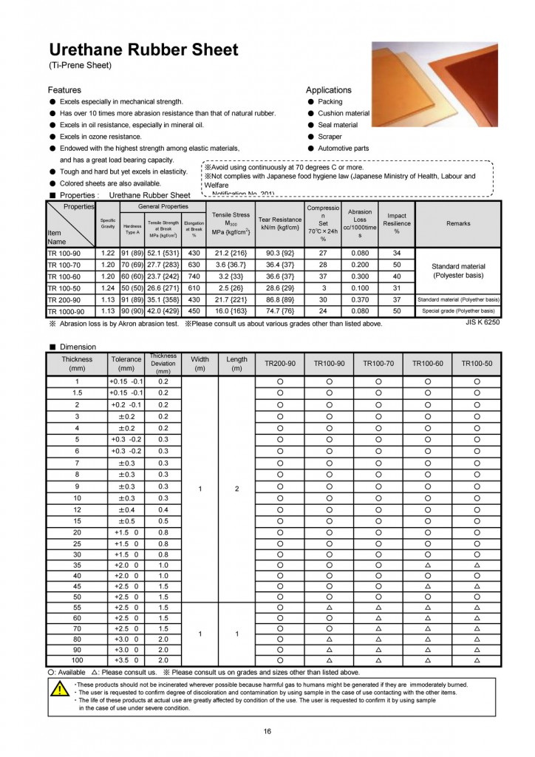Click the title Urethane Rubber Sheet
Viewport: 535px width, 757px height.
coord(143,50)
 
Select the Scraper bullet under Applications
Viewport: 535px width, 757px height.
coord(331,137)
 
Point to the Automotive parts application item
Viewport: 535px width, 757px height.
coord(343,149)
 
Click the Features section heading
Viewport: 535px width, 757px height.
coord(64,90)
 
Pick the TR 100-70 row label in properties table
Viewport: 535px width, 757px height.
coord(65,264)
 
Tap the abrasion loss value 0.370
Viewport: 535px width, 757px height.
coord(360,299)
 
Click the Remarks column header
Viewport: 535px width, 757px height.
coord(458,223)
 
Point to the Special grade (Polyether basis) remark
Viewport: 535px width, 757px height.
coord(458,311)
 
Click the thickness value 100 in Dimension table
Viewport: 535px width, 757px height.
coord(77,659)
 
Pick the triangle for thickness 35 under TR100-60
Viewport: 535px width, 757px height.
coord(428,566)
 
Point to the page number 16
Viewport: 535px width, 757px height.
coord(267,732)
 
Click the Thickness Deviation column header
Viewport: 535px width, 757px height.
coord(163,364)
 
